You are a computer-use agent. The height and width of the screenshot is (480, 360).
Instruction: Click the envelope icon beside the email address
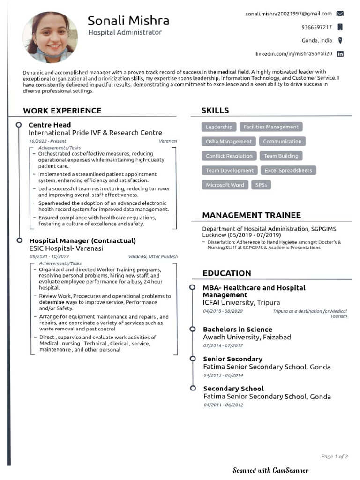[340, 14]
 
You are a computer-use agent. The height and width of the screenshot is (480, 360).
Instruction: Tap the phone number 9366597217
[317, 27]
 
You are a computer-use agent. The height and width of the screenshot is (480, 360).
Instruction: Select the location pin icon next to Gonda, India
[340, 41]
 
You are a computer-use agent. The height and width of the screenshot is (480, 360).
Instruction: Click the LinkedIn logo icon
[340, 54]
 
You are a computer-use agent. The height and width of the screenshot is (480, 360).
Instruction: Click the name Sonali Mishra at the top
[128, 21]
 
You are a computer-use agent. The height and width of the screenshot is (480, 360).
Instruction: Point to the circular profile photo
[50, 37]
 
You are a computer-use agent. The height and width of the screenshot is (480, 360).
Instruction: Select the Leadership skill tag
[219, 127]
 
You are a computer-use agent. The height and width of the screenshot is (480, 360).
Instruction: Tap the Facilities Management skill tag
[271, 127]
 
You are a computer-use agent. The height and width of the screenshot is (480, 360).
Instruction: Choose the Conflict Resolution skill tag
[229, 156]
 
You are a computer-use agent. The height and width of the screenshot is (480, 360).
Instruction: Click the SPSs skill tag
[261, 185]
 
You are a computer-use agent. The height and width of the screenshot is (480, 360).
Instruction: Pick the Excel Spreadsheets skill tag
[288, 171]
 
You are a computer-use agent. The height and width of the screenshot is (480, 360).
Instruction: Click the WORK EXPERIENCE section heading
[62, 111]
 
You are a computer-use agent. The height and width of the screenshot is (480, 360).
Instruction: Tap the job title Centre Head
[50, 125]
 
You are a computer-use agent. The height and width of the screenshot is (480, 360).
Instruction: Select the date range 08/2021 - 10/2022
[49, 257]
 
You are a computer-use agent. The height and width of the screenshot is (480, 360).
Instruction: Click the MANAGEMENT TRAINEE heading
[251, 215]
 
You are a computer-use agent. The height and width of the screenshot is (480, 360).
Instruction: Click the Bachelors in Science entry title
[237, 330]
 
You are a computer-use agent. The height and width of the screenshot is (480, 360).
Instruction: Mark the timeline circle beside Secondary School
[192, 388]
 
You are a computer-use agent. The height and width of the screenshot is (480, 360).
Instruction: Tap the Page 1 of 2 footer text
[334, 456]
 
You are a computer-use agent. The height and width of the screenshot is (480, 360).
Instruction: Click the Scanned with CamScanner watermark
[270, 470]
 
